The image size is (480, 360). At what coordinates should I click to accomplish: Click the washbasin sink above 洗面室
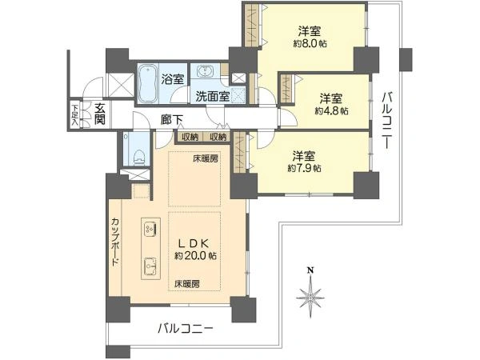pyautogui.click(x=206, y=73)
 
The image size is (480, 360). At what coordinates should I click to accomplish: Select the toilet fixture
pyautogui.click(x=134, y=150)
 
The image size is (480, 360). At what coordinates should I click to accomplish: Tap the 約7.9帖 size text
pyautogui.click(x=306, y=168)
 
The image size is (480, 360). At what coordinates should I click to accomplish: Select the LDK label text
pyautogui.click(x=194, y=242)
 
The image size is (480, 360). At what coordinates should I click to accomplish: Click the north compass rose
pyautogui.click(x=310, y=296)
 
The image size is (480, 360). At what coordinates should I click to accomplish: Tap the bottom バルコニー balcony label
pyautogui.click(x=185, y=328)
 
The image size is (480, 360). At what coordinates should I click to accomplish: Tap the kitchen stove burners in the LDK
pyautogui.click(x=150, y=229)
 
